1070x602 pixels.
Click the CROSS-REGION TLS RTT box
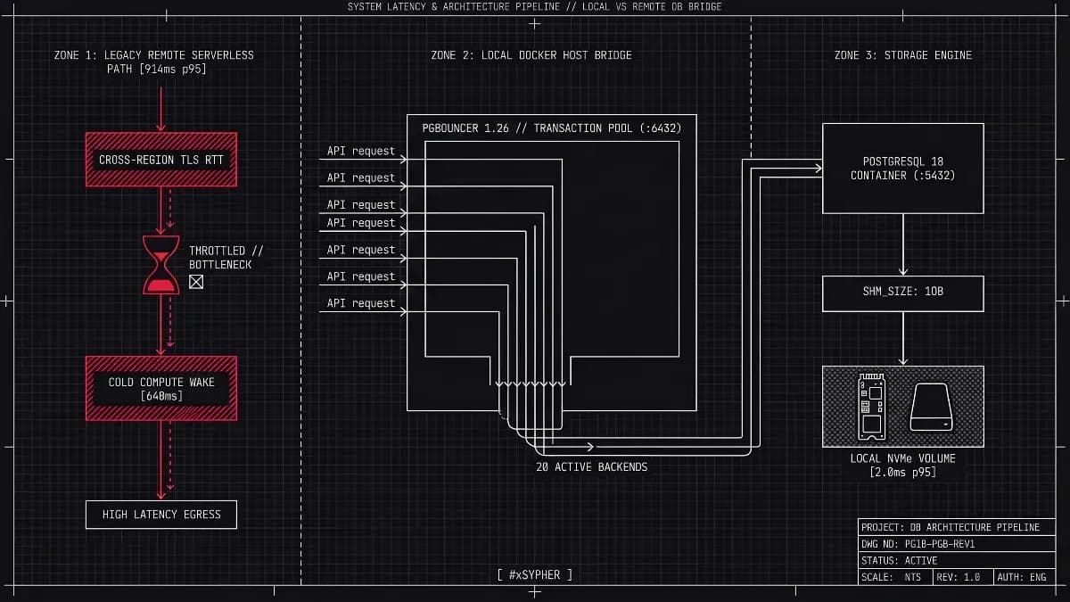point(161,160)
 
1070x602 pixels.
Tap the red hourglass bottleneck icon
point(161,265)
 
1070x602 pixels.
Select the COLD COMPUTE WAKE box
point(161,389)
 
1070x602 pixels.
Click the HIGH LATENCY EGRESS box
point(161,515)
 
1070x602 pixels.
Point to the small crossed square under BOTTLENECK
point(196,282)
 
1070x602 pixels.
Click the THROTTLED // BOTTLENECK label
point(226,258)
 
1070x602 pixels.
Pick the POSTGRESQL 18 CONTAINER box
point(902,169)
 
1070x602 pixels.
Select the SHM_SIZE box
point(902,293)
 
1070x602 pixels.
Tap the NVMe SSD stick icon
point(872,407)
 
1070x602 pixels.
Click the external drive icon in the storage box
point(931,407)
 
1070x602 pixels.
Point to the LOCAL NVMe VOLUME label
point(902,466)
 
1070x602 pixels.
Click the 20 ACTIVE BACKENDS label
point(591,466)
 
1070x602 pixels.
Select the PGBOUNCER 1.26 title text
point(551,128)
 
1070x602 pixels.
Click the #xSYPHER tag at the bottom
point(534,574)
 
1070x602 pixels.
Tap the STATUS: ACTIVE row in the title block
point(956,560)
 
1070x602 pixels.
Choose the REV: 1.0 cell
point(963,577)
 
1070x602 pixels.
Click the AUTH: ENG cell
point(1025,577)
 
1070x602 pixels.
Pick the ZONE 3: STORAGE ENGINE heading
point(902,55)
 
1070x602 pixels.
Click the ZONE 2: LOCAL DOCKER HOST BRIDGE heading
point(531,55)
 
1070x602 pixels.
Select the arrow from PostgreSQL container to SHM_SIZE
point(902,244)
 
